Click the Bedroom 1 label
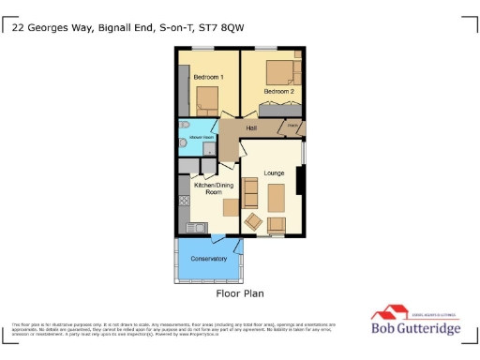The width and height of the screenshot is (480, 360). [207, 76]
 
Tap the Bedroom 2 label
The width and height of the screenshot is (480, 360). [278, 91]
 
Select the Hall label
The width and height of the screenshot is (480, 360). [251, 128]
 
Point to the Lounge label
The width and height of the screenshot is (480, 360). [274, 173]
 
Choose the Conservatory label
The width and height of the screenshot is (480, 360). [208, 259]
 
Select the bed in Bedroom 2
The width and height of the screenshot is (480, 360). [280, 71]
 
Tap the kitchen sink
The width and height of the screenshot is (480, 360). [198, 226]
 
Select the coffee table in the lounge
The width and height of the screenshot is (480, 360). [277, 197]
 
